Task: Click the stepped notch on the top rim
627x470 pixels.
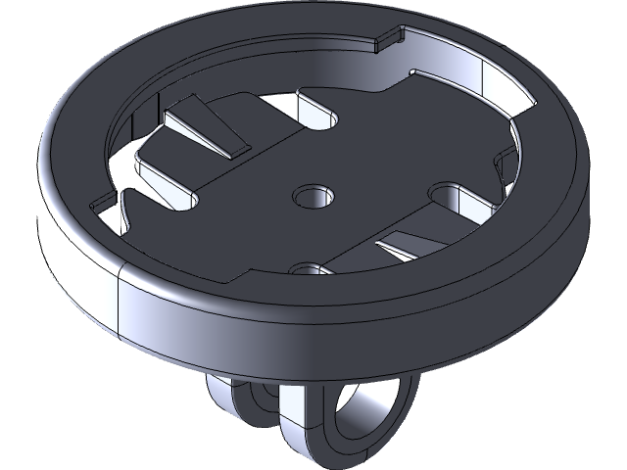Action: pos(390,40)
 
